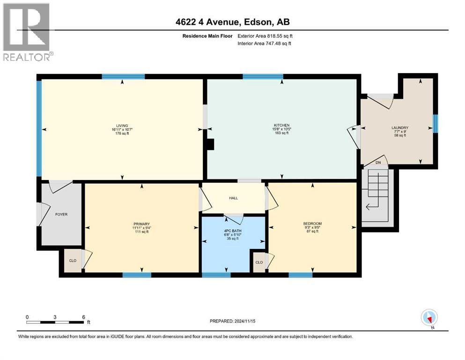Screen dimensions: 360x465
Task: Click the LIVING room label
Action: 122,126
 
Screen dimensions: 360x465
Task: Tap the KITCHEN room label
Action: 281,126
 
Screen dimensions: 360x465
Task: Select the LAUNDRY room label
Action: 400,127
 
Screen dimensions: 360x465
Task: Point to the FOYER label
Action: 61,214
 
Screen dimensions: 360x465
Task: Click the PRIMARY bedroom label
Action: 141,224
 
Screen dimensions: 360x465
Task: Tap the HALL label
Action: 233,198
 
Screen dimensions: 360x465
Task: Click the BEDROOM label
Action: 312,223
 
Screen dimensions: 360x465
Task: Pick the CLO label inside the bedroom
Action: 258,262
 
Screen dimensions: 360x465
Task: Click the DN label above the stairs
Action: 378,163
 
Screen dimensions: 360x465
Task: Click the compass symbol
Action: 429,318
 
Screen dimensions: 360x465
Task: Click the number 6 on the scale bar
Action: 83,317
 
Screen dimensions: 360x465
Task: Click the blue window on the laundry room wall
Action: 435,123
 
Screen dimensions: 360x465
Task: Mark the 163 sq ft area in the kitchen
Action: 281,133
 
